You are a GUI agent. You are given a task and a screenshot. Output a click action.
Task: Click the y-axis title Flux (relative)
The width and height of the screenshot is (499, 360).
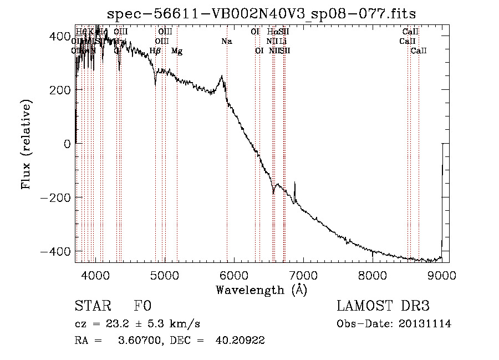(26, 144)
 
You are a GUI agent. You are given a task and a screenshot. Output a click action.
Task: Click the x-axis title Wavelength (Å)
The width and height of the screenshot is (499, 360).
(262, 290)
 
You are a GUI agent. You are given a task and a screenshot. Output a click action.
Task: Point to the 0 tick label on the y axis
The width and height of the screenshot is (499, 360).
(66, 144)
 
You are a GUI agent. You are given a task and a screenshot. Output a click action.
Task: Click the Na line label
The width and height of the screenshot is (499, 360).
(226, 41)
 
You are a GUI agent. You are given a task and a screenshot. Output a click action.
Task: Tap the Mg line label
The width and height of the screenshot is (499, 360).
(177, 51)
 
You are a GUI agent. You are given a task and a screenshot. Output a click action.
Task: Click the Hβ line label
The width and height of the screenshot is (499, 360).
(155, 51)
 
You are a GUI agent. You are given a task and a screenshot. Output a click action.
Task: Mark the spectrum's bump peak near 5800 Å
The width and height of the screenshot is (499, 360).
(222, 77)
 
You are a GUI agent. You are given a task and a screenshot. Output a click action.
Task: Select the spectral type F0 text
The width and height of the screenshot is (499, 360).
(142, 307)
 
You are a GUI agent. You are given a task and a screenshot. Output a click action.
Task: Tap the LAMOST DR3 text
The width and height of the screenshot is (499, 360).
(383, 307)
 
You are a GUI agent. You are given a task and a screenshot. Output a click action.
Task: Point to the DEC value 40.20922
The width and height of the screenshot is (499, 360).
(240, 341)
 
